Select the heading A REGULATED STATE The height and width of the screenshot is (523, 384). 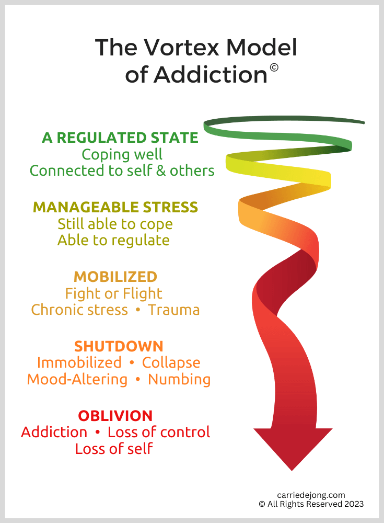[x=120, y=138]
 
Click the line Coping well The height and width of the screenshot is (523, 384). [x=122, y=154]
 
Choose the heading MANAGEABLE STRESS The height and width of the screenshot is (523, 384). [x=115, y=207]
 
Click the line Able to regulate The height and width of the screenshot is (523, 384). [x=113, y=240]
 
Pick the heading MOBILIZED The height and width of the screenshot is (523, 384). [x=115, y=276]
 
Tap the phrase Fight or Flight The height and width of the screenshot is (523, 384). [x=113, y=293]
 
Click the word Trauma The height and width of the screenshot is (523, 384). [x=173, y=310]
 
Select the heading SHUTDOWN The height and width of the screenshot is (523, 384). [x=119, y=346]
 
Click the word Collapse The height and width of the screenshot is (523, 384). [x=171, y=362]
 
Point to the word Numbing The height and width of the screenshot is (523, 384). [x=179, y=379]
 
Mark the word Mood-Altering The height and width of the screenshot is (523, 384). [x=77, y=379]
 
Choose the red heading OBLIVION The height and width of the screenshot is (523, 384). [x=115, y=416]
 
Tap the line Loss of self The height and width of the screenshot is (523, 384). [x=114, y=449]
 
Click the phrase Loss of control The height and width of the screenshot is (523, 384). [x=158, y=433]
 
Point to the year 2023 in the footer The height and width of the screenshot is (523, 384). [x=353, y=504]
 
